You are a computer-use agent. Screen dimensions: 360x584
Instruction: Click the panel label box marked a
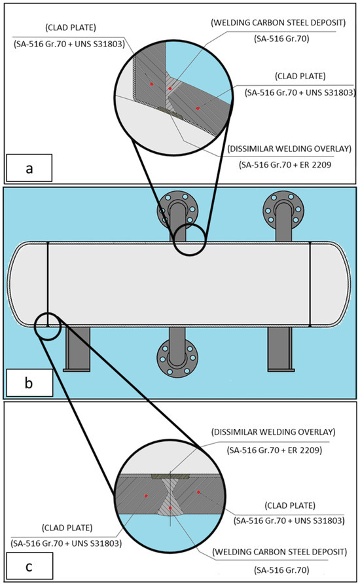(x=29, y=168)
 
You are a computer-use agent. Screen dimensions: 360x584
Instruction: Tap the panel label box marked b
(x=29, y=382)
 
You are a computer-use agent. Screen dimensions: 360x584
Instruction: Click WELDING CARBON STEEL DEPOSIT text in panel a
(x=278, y=23)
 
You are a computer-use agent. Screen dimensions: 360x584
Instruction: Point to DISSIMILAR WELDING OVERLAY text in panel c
(x=274, y=432)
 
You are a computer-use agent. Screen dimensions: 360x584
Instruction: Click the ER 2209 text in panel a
(x=315, y=164)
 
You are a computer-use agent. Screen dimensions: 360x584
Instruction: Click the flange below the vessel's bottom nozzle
(x=177, y=358)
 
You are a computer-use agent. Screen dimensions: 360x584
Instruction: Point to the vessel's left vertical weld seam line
(x=48, y=284)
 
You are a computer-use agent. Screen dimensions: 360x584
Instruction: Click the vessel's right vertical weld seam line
(x=310, y=284)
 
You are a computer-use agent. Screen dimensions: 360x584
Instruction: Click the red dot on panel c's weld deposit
(x=170, y=507)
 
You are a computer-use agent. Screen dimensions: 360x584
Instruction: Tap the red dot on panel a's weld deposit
(x=170, y=88)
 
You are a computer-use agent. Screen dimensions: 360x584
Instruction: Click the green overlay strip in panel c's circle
(x=170, y=477)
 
